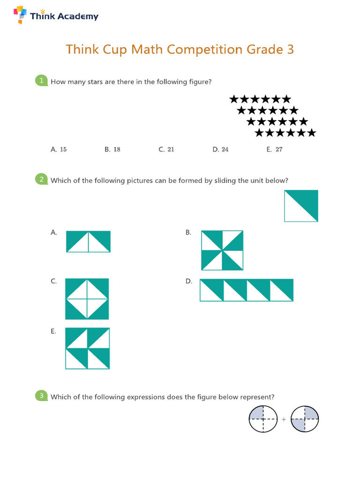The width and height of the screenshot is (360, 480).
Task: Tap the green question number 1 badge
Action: point(42,81)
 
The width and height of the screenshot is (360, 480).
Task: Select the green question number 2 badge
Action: point(42,180)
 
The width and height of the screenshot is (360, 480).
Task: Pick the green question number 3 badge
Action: point(42,396)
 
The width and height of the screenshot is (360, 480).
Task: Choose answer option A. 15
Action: point(59,150)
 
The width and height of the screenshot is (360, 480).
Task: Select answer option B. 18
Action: point(112,150)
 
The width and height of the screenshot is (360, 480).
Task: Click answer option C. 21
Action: point(166,150)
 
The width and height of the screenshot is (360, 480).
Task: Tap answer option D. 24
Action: point(220,150)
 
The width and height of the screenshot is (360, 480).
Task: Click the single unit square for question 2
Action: point(301,206)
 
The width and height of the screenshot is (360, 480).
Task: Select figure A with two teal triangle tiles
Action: point(88,241)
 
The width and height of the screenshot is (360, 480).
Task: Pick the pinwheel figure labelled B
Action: point(222,250)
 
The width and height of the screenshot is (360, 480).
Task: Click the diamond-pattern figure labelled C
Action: point(87,299)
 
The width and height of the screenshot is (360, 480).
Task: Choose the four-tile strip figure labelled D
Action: point(247,290)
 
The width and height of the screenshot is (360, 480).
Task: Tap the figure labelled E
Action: point(87,348)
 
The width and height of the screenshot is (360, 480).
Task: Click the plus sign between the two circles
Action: point(284,420)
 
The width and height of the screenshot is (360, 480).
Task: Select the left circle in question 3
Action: point(263,419)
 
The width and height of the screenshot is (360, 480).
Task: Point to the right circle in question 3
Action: point(305,419)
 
